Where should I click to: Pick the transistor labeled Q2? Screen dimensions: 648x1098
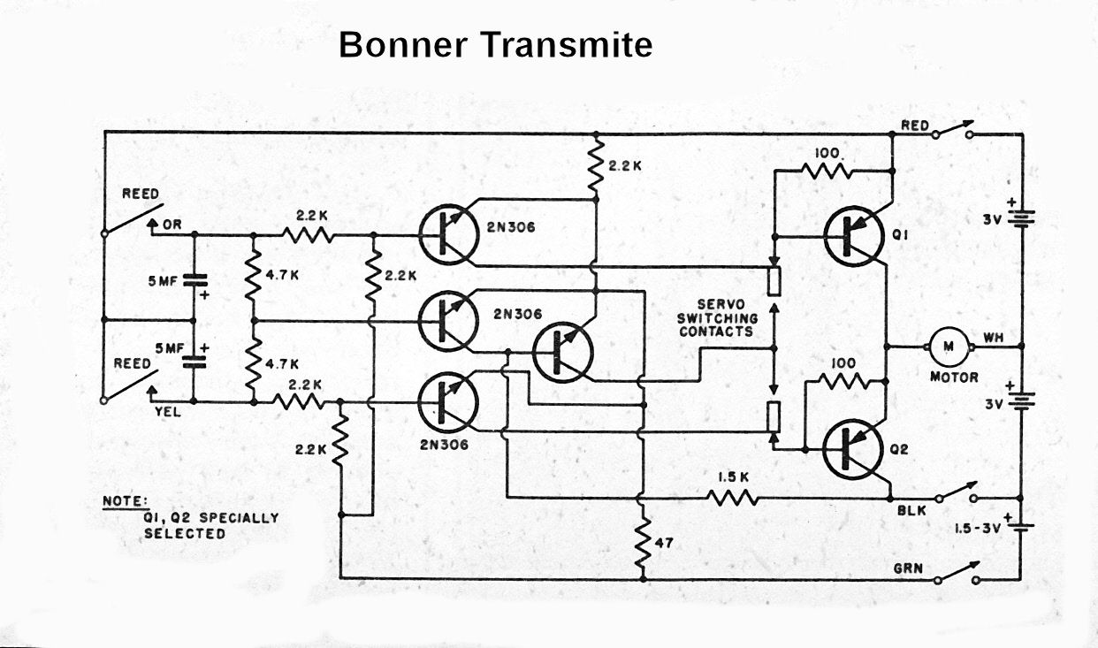coord(853,448)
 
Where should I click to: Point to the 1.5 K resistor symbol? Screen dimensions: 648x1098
coord(733,498)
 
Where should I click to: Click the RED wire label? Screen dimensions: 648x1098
coord(915,126)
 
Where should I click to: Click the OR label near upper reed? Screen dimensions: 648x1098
coord(171,225)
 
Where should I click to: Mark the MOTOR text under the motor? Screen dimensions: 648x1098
coord(954,377)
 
